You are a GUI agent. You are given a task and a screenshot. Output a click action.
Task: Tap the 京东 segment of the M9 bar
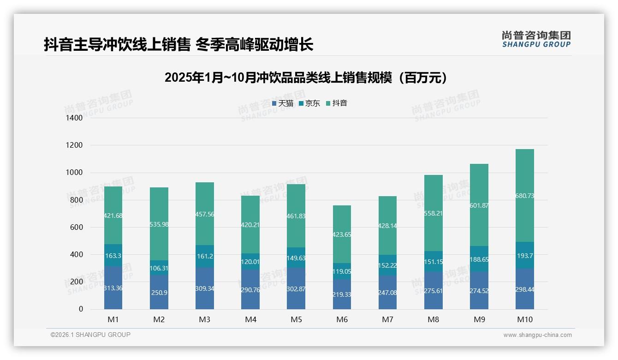479,259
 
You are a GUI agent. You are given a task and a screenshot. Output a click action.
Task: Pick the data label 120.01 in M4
250,262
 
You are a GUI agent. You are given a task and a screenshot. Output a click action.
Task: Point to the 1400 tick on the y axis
74,118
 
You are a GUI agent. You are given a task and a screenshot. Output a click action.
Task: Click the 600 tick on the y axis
77,228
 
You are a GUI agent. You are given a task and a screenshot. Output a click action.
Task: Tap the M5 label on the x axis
296,319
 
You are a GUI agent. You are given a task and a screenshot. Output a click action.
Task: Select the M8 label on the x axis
433,319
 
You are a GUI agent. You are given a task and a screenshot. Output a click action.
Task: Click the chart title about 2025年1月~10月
306,78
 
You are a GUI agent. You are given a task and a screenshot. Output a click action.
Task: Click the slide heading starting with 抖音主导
178,45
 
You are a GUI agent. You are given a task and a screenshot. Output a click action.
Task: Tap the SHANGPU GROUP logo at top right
536,39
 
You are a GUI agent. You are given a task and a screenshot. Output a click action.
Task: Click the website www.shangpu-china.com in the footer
537,335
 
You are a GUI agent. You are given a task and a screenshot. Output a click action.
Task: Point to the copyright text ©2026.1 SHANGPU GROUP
90,335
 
